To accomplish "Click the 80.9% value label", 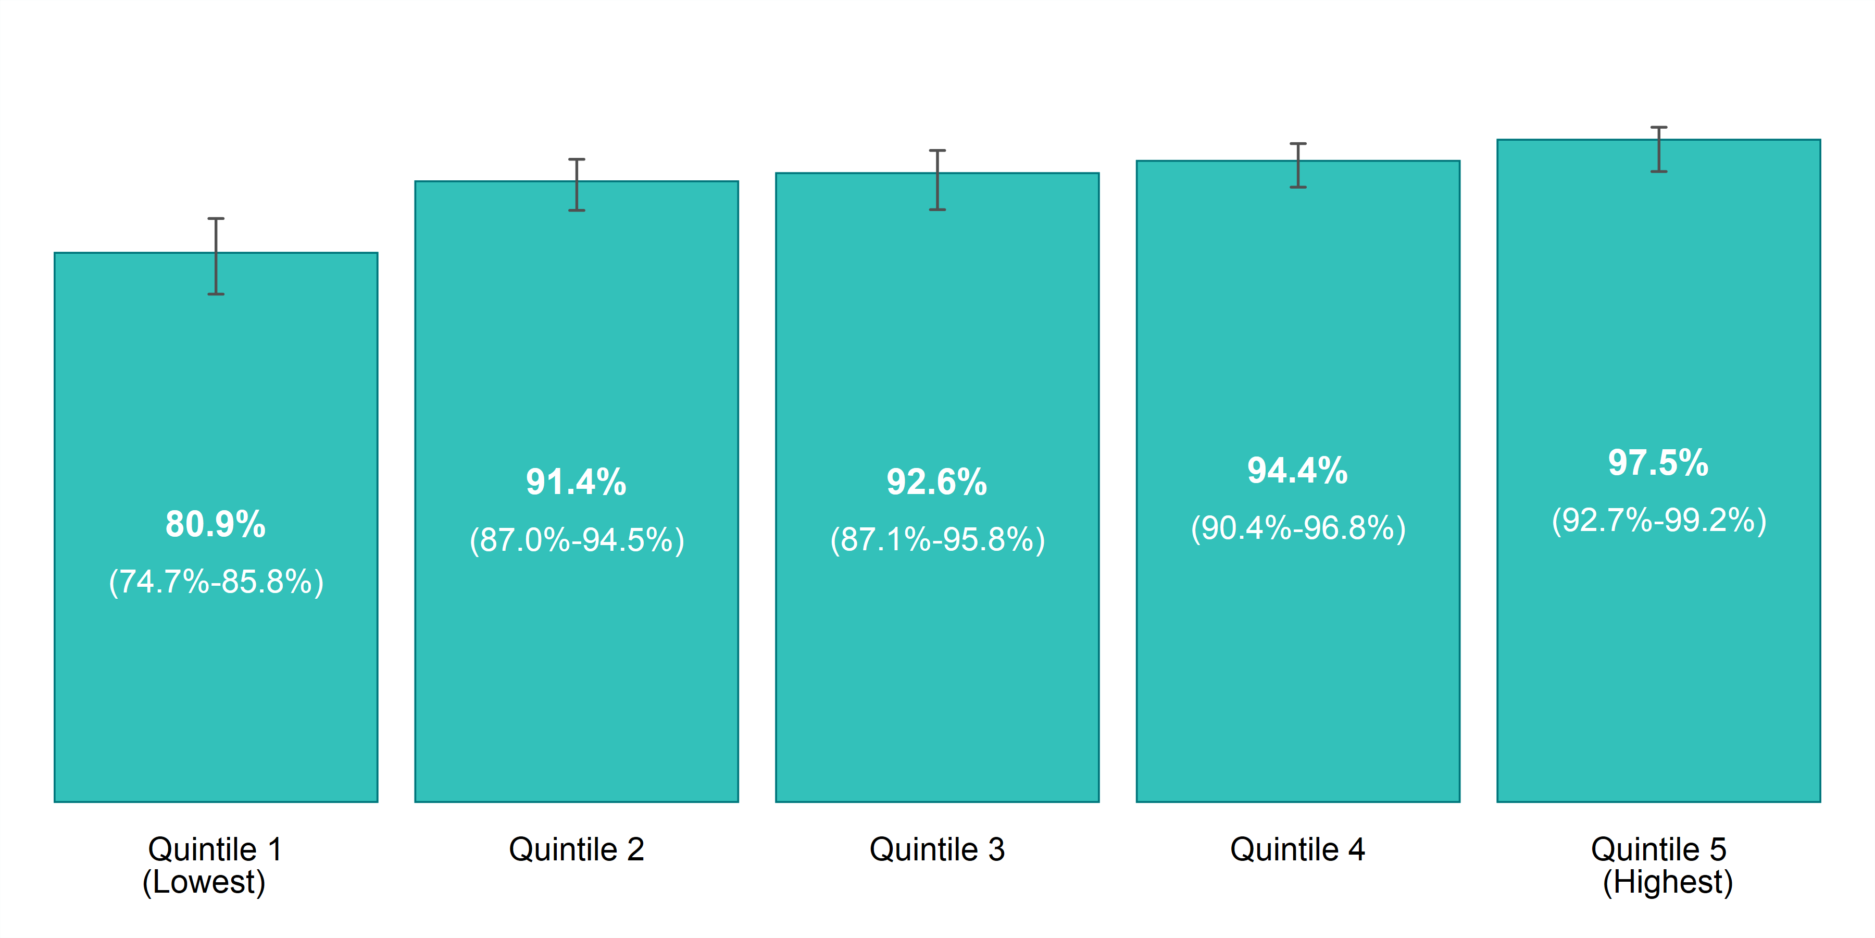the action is click(216, 524).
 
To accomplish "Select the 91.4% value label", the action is click(577, 482).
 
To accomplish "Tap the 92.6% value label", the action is click(937, 482).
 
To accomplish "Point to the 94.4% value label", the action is click(1298, 471).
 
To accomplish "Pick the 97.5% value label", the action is click(1658, 462).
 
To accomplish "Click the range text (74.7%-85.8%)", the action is click(216, 582).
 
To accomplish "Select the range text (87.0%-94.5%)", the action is click(577, 540).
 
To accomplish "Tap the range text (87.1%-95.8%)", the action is click(938, 540).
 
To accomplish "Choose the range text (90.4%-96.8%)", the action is click(1298, 528).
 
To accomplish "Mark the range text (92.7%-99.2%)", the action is click(1659, 520).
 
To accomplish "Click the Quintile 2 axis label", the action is click(577, 849).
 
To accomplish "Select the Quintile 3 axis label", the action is click(938, 849).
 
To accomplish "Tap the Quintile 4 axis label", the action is click(1298, 849).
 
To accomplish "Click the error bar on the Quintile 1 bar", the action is click(216, 256).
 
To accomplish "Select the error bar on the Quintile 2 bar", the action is click(577, 185).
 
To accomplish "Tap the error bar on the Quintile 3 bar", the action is click(938, 180).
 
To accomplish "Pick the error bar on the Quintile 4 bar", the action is click(1298, 165).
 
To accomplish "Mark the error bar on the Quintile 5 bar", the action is click(1659, 149).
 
